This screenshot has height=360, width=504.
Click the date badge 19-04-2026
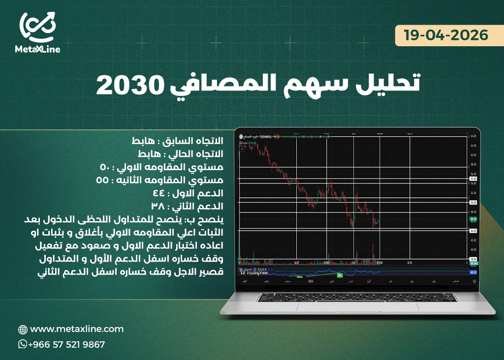(446, 35)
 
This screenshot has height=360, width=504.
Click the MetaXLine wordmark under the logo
(37, 49)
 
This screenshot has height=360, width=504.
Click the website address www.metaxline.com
(77, 329)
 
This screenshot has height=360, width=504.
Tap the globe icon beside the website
(23, 330)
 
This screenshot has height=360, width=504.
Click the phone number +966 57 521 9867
(66, 345)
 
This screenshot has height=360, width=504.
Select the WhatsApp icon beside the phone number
(23, 344)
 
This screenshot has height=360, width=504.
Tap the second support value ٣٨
(159, 206)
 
